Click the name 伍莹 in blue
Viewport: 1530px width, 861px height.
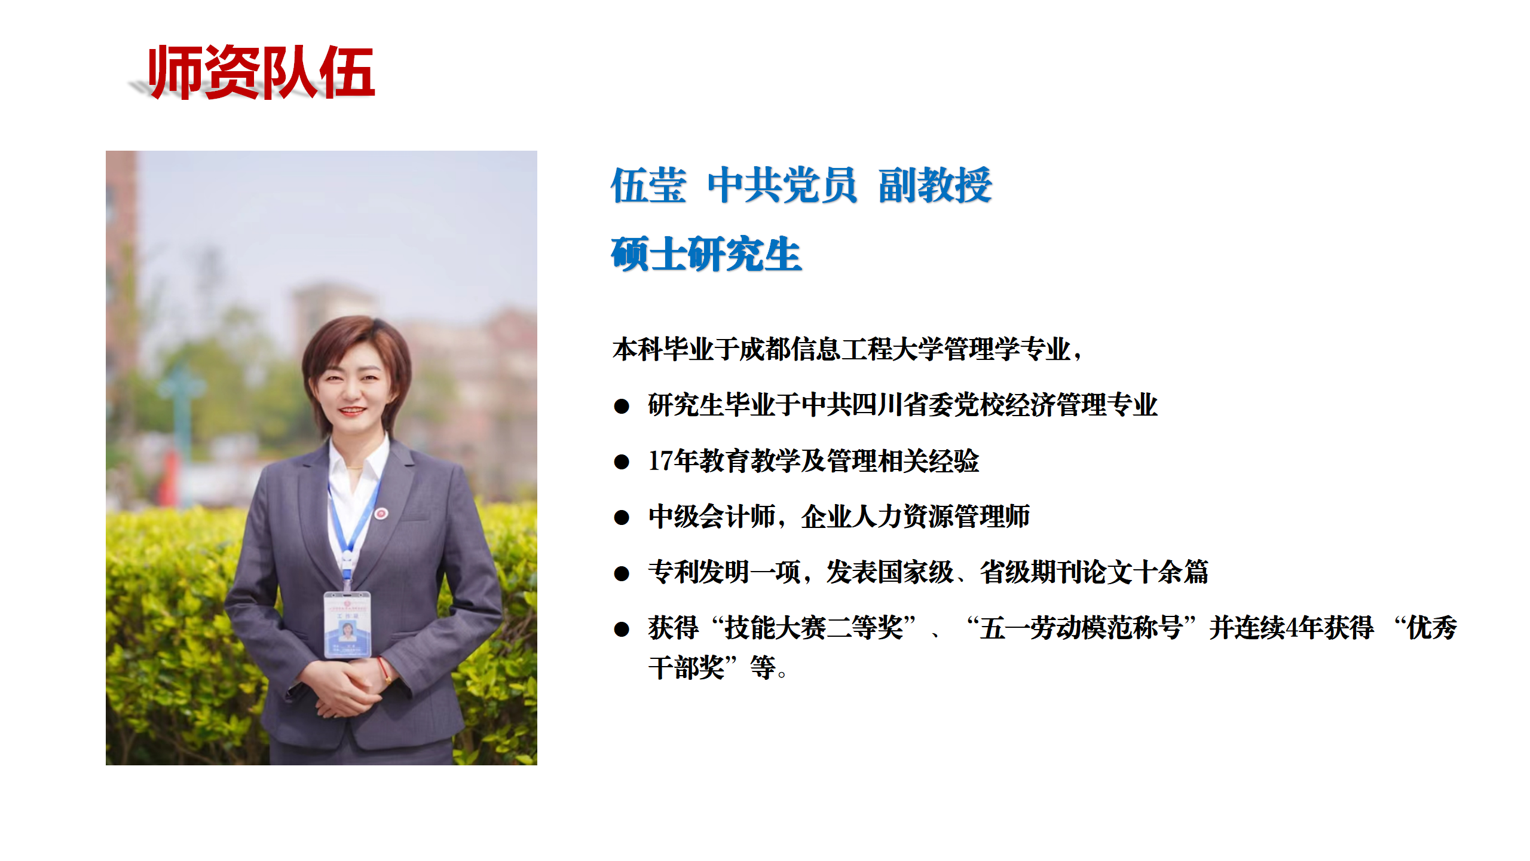(648, 185)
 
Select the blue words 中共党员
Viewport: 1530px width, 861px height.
(782, 185)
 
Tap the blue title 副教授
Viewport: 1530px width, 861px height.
(935, 185)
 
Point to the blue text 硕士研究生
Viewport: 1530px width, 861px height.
(706, 254)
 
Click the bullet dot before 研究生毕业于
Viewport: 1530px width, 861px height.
(622, 407)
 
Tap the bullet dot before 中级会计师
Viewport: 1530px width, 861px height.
(622, 518)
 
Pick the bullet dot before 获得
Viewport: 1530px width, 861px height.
(622, 629)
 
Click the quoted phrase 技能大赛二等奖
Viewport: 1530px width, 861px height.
(814, 628)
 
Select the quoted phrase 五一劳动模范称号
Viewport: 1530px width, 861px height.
(1081, 628)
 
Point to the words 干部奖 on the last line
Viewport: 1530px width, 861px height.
(687, 667)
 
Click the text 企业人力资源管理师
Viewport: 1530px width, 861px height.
(916, 517)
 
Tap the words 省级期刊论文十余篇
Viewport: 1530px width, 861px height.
(1094, 572)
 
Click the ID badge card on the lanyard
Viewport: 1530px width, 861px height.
(347, 624)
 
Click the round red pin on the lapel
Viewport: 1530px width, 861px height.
(381, 513)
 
